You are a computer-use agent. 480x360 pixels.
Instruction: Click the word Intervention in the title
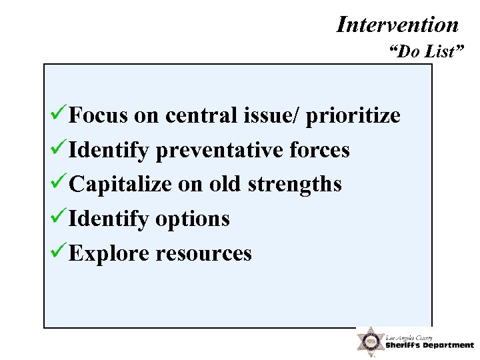398,25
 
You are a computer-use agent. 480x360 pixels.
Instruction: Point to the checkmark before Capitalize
58,183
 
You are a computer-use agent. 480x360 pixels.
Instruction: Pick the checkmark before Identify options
58,217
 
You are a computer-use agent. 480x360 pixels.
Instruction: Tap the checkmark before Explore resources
58,252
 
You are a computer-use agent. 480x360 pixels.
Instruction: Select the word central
201,116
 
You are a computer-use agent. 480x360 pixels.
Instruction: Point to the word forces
319,151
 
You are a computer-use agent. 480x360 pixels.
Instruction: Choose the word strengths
294,185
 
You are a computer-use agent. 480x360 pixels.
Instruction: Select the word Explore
109,253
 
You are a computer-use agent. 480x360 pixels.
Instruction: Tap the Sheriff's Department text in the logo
429,345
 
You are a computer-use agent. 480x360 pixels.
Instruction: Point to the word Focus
98,116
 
